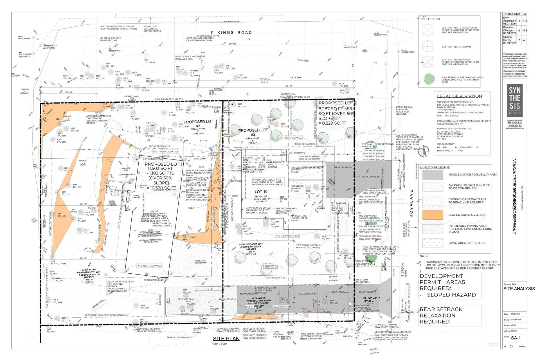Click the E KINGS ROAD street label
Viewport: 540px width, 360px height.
[x=231, y=33]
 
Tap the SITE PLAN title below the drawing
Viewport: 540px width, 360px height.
[x=226, y=338]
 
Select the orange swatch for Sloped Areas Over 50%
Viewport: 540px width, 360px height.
[x=433, y=215]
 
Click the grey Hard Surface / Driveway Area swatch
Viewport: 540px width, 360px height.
[x=433, y=175]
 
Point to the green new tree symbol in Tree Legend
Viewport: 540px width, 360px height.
[x=429, y=80]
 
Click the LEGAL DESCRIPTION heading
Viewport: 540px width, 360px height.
[x=459, y=96]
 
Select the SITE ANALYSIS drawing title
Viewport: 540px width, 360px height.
[x=519, y=289]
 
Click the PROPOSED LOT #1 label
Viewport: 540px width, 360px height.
[x=198, y=124]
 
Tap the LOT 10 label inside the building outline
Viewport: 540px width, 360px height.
[x=261, y=192]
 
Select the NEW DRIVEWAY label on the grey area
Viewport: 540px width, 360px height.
[x=343, y=167]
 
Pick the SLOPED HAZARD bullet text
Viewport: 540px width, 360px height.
[x=451, y=295]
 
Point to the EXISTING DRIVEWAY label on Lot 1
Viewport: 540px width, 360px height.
[x=200, y=262]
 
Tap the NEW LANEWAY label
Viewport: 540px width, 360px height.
[x=248, y=294]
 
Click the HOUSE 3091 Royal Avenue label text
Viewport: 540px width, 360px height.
[x=154, y=213]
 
